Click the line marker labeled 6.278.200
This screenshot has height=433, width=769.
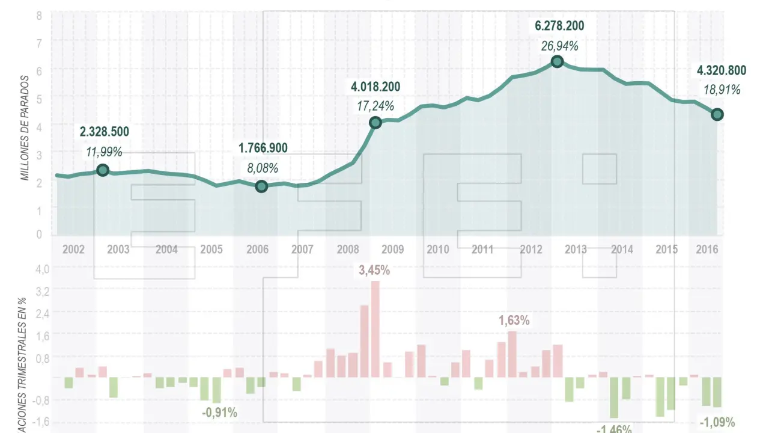557,61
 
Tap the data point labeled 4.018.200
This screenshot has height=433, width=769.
375,123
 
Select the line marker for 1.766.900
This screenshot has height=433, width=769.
261,186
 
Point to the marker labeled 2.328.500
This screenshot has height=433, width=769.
103,170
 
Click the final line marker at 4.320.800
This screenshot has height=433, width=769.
717,114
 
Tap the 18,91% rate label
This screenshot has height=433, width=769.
722,90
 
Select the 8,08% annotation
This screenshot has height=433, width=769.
263,168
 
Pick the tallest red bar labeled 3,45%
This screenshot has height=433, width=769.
375,329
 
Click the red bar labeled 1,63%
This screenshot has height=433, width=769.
512,354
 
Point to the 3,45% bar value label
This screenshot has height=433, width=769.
374,271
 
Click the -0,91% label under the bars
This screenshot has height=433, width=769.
219,413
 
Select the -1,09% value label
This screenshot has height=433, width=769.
717,423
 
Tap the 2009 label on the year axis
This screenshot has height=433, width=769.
392,249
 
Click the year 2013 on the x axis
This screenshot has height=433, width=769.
576,249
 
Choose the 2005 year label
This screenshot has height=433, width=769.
211,249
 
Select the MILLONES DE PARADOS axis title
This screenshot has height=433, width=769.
25,128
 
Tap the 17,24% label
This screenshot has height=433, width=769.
376,106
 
